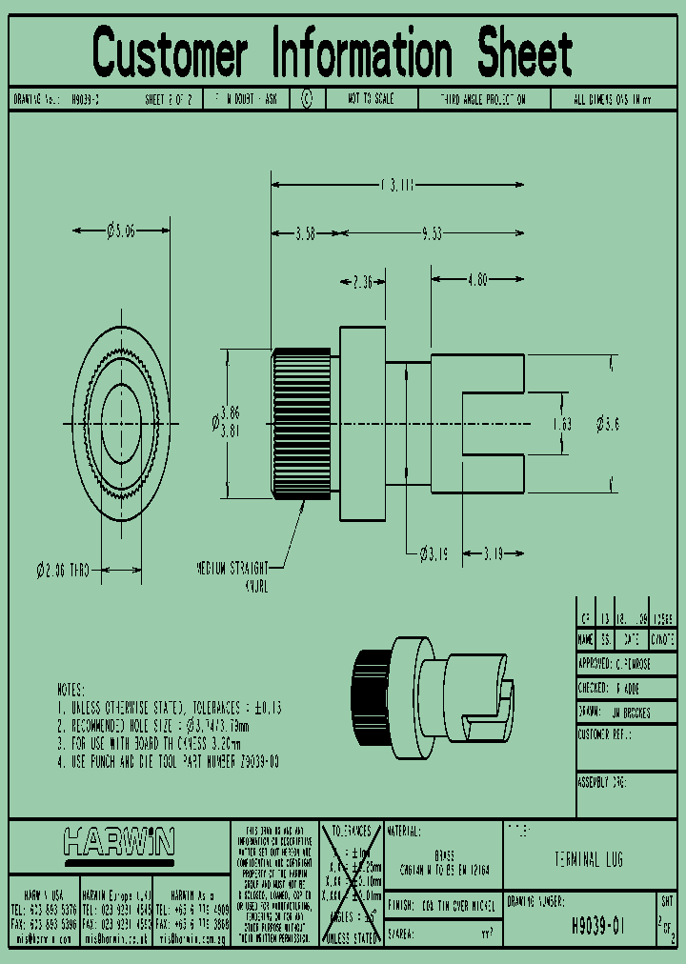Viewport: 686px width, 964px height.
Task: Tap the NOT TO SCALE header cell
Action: click(372, 99)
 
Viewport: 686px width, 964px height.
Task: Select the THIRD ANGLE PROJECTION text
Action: click(482, 99)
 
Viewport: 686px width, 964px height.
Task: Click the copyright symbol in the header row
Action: click(306, 99)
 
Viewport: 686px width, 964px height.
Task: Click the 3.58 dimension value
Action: click(305, 233)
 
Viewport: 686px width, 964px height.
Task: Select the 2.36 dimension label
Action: click(363, 281)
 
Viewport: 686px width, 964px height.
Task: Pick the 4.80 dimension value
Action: click(477, 280)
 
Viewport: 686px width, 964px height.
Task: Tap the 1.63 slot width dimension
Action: click(562, 424)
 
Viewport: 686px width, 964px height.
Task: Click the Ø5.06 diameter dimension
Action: click(121, 230)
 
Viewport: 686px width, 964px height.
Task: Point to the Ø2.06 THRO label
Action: click(63, 571)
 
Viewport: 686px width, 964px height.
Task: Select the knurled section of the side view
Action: click(302, 424)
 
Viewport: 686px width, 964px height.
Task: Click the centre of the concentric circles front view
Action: click(121, 423)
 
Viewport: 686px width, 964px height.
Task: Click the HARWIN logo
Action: click(119, 842)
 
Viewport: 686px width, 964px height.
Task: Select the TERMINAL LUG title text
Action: click(589, 859)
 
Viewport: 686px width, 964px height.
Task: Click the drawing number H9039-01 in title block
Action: click(596, 924)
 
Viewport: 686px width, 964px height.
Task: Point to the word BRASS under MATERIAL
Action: click(443, 855)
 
